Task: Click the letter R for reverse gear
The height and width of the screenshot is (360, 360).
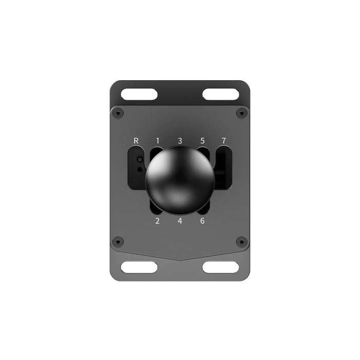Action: click(x=136, y=140)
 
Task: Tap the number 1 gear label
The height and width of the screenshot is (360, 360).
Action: click(x=158, y=140)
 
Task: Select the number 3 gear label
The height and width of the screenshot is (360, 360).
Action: click(x=180, y=140)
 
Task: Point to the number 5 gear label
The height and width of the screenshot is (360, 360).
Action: click(x=202, y=140)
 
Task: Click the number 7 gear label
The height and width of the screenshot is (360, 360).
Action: click(x=224, y=140)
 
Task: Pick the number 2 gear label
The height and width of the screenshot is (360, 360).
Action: click(x=157, y=221)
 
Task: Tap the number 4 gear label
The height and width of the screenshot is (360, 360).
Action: click(x=180, y=221)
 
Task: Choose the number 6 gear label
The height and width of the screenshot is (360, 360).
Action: click(x=202, y=221)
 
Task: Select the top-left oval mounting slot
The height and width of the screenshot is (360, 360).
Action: click(x=139, y=94)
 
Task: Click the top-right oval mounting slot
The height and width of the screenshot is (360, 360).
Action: click(x=221, y=94)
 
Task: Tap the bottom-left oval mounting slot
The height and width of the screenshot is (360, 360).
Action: click(x=139, y=267)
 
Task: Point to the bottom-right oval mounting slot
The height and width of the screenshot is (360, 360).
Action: click(x=221, y=267)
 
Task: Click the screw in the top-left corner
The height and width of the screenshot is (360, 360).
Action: click(x=119, y=113)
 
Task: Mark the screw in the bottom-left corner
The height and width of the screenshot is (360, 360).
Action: click(x=119, y=240)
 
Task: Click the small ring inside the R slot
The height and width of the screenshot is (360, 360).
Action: click(x=140, y=160)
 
